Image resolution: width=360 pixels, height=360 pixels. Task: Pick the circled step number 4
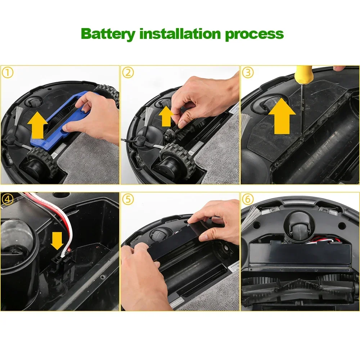pos(8,199)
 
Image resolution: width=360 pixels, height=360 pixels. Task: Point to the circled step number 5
pos(128,199)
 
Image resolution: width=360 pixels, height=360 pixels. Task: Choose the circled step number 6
pos(248,199)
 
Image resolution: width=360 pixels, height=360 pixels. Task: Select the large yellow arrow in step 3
pos(282,120)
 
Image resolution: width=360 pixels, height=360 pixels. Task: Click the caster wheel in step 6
pos(296,227)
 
